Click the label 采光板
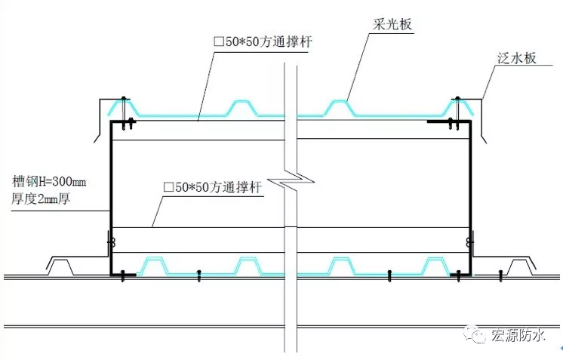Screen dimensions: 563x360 392,24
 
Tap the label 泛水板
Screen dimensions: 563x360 517,57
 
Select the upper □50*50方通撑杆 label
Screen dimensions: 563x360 263,42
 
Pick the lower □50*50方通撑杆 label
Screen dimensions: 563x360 213,187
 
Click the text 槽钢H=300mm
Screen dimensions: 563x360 49,181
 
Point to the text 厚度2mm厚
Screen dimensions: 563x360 41,198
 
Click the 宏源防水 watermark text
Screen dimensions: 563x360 518,335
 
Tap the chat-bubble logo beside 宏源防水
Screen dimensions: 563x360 474,334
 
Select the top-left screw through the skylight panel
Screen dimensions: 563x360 124,112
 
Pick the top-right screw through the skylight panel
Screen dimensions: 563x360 457,112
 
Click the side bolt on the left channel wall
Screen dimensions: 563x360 111,243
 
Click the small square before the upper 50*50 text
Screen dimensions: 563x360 219,42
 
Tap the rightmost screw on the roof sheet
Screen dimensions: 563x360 501,275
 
